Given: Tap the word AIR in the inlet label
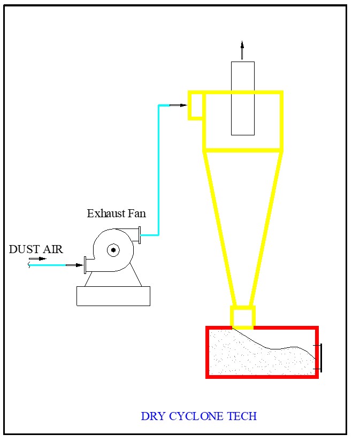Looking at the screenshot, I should (52, 249).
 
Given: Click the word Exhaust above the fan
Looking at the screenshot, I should (106, 214).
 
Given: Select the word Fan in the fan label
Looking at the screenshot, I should (136, 214).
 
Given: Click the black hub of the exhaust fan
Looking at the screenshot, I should (113, 249).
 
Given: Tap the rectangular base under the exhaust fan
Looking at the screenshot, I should (113, 296).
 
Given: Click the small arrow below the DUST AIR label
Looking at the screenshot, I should (37, 259).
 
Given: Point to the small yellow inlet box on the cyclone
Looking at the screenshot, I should (195, 105).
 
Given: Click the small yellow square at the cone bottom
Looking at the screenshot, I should (242, 316).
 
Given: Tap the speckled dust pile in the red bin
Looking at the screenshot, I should (251, 359).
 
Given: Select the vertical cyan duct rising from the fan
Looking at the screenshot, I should (159, 171).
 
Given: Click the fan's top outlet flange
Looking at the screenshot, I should (140, 235).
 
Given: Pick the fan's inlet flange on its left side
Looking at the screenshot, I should (85, 265).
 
